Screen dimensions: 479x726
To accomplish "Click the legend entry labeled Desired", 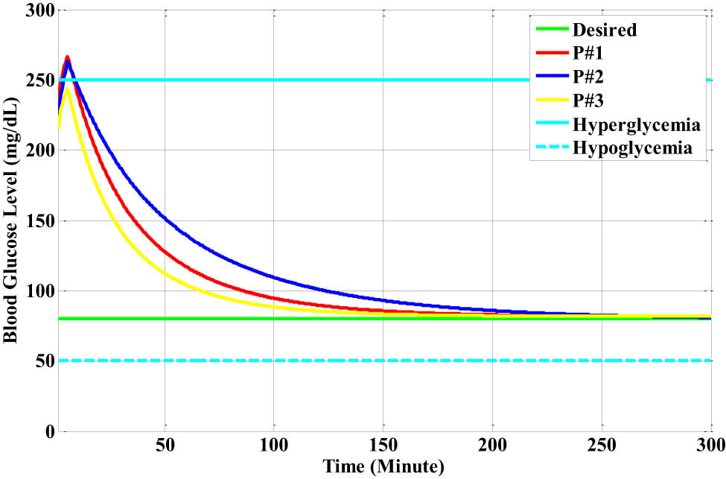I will [x=604, y=31].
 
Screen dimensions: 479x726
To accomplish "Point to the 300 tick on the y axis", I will [x=34, y=10].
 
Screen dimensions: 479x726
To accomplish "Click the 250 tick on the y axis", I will [x=34, y=80].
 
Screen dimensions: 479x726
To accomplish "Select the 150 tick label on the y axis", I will [x=34, y=221].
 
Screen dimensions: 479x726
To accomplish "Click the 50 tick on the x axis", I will [x=165, y=447].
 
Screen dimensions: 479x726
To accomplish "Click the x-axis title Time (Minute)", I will [x=383, y=468].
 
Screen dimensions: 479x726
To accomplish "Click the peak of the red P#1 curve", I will [x=67, y=57].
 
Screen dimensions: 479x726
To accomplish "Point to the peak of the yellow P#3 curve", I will [x=67, y=89].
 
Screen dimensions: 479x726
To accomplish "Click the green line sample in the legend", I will [x=552, y=31].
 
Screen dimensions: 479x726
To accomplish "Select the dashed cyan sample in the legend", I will [x=552, y=148].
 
